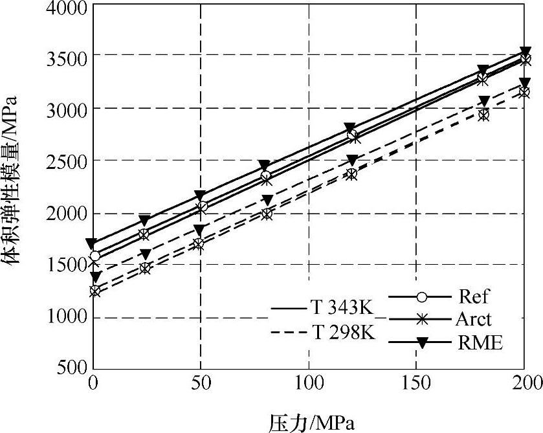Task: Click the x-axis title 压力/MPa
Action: (311, 422)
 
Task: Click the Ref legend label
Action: (474, 297)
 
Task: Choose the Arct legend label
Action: (474, 319)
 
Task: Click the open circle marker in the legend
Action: (421, 297)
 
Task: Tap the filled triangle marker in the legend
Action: (421, 343)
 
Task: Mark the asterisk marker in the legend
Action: (421, 320)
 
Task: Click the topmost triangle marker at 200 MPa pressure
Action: (525, 52)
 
